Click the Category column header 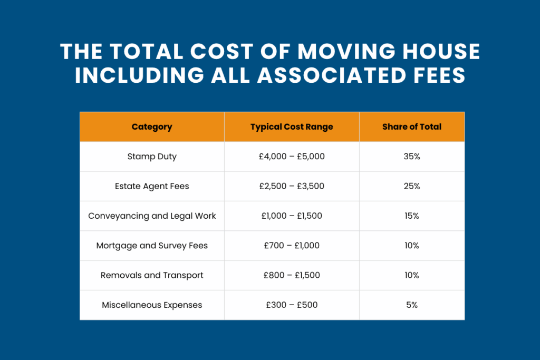(152, 127)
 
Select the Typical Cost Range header (292, 127)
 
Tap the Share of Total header (412, 127)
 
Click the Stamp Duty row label (152, 157)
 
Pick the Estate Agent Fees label (152, 186)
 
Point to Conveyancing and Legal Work (152, 216)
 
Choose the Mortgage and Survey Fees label (152, 246)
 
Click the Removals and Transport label (152, 275)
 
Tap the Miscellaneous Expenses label (152, 305)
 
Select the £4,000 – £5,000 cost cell (292, 157)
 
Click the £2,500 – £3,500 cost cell (292, 186)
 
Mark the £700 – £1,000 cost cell (292, 246)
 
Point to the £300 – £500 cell (292, 305)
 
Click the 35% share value (412, 157)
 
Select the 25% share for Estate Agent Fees (412, 186)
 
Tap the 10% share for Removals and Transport (412, 275)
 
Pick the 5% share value (412, 305)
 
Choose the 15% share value (412, 216)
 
